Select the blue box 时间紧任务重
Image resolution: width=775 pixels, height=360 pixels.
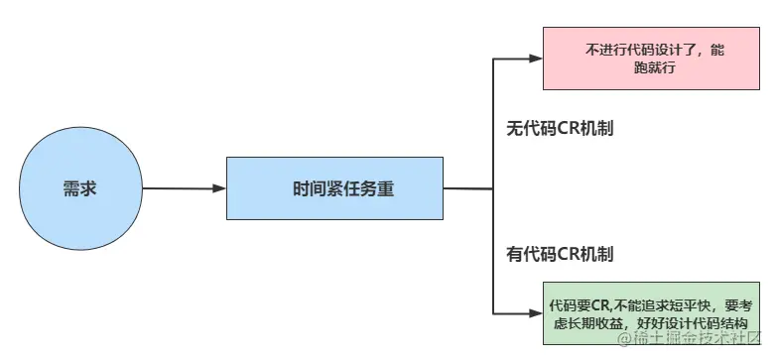tap(334, 188)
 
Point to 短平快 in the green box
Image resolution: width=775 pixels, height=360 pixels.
tap(688, 305)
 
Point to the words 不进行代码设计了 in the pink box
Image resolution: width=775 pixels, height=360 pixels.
tap(635, 51)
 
